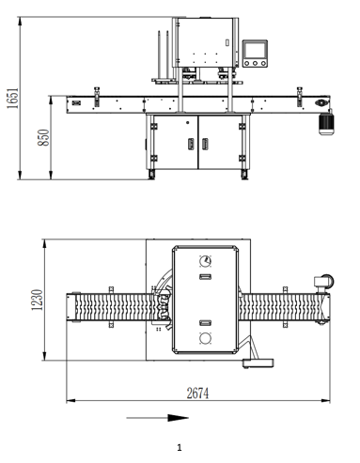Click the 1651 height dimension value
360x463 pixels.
pos(13,98)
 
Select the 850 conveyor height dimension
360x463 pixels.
pos(43,137)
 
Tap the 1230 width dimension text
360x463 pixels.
pos(37,300)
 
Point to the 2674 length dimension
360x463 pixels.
pos(197,394)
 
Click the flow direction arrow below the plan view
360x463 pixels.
pos(157,418)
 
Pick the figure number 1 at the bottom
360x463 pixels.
pos(180,448)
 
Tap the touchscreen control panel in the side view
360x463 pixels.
pos(255,54)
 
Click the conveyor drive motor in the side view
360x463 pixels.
pos(326,124)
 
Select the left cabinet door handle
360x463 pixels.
pos(191,144)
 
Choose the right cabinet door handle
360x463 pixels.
pos(205,144)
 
